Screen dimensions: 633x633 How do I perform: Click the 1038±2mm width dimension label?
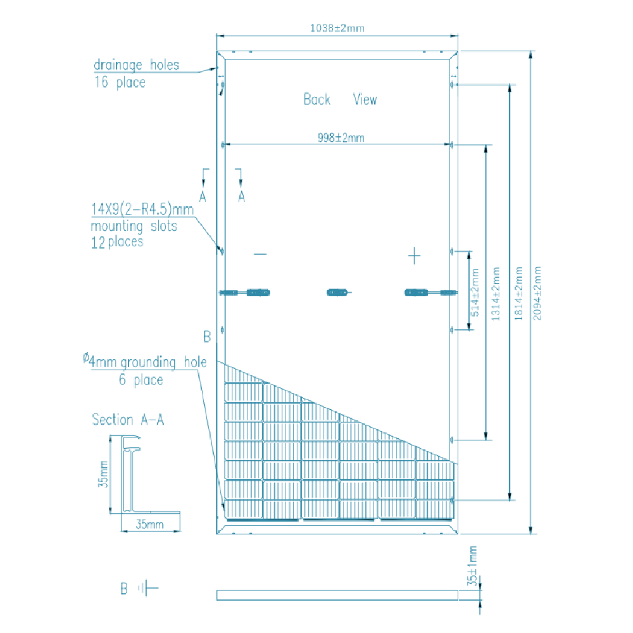click(336, 28)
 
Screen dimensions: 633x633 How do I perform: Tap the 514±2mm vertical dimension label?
click(475, 289)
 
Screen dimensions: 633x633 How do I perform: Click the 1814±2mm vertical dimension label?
click(518, 292)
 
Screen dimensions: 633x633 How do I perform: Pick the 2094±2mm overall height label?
click(538, 292)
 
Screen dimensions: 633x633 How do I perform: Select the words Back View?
click(340, 99)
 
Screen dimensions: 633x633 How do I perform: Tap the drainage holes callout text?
click(135, 73)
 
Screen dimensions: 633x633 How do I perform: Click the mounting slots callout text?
click(134, 225)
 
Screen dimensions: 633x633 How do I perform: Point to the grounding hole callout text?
click(144, 370)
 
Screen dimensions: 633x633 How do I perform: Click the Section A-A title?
click(128, 420)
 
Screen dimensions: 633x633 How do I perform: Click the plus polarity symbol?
click(414, 256)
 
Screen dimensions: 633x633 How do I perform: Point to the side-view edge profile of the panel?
click(337, 595)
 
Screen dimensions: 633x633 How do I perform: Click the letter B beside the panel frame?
click(206, 336)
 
